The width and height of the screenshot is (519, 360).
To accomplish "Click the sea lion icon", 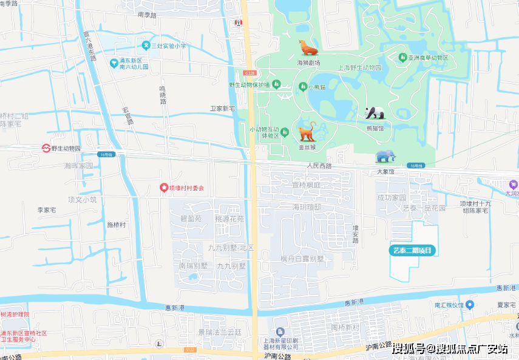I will tap(308, 48).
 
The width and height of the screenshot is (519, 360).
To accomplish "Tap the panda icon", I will tap(375, 113).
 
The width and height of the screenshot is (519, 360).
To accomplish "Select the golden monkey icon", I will tap(307, 131).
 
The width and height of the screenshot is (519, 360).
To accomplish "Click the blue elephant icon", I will tap(385, 157).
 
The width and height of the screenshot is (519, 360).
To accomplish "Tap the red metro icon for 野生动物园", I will tap(46, 148).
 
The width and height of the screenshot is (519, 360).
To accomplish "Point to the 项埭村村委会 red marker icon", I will tap(163, 188).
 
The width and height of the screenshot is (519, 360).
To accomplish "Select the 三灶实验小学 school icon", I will tap(146, 46).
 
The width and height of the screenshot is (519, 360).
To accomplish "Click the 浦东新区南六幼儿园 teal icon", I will tap(113, 63).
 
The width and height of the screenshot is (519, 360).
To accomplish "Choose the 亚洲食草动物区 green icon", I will tap(402, 58).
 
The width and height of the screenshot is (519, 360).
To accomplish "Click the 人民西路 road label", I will tap(319, 165).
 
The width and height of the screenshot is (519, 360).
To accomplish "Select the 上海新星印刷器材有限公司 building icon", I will tap(279, 332).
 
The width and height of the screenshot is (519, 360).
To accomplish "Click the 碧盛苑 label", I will tap(191, 218).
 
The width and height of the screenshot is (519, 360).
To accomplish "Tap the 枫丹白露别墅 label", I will tap(302, 259).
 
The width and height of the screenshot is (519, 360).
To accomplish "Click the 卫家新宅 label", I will tap(222, 109).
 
